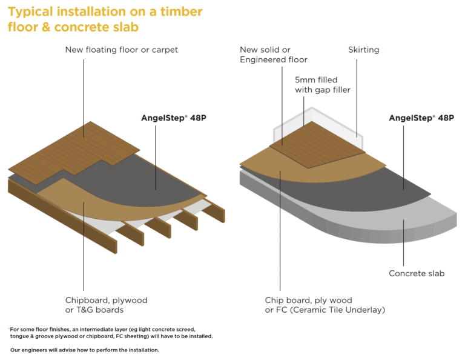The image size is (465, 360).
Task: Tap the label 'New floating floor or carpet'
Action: click(x=121, y=49)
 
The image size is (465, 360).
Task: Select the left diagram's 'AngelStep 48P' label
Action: click(x=171, y=118)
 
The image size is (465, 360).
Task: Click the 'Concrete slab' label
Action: click(x=416, y=273)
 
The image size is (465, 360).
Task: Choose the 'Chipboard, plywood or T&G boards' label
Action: click(x=107, y=305)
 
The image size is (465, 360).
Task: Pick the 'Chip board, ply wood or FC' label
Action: click(x=325, y=305)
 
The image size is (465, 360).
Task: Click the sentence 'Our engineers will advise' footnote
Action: click(x=84, y=350)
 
